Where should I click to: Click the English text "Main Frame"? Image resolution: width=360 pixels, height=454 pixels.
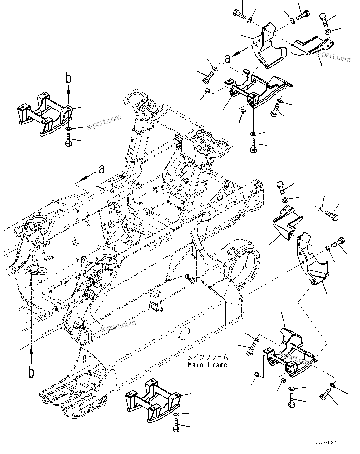pos(207,364)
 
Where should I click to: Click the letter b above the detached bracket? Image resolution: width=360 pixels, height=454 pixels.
pos(68,78)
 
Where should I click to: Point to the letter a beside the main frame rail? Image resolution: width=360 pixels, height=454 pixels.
pos(102,169)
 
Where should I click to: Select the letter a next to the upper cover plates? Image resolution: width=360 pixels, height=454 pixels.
pos(228,58)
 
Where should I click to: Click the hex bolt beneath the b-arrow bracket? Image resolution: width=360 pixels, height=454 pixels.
pos(68,139)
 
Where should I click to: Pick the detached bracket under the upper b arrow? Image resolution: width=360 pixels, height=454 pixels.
pos(45,112)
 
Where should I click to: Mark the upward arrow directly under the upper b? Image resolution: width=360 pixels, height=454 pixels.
pos(68,90)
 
